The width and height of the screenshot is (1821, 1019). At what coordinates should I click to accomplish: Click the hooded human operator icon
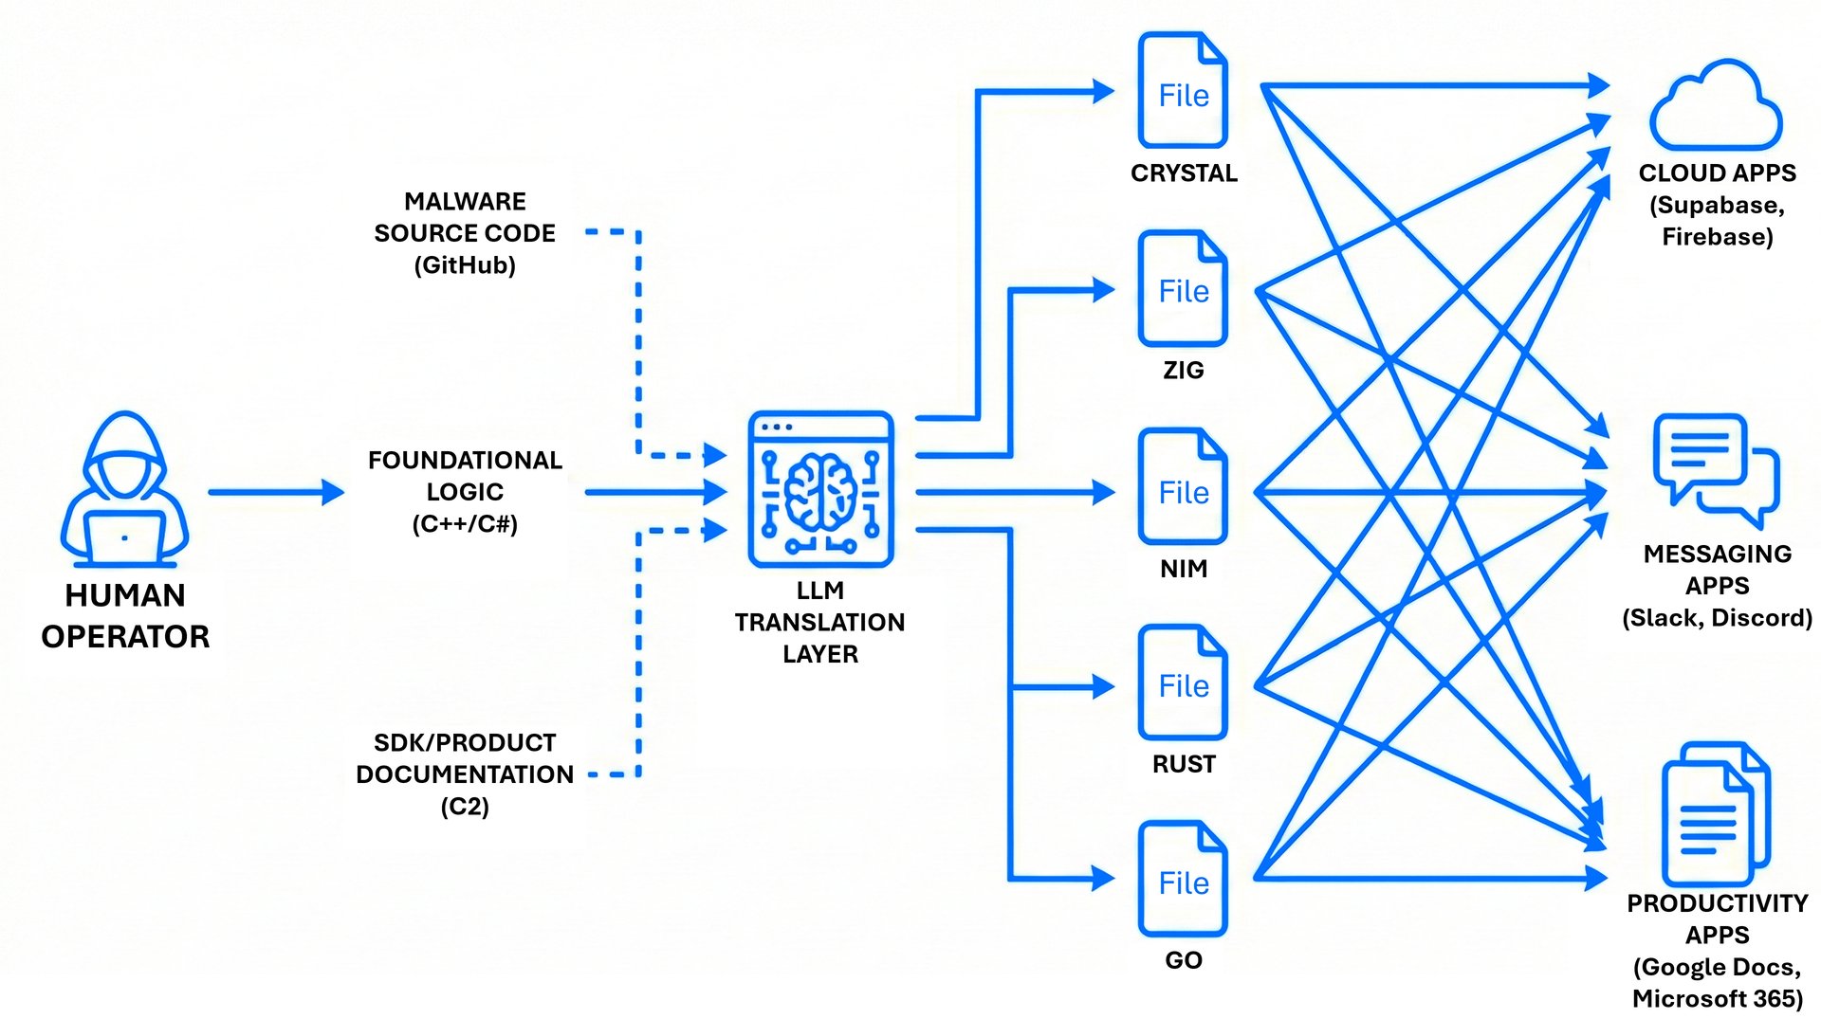click(124, 488)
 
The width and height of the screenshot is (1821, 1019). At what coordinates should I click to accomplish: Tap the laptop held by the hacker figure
click(124, 537)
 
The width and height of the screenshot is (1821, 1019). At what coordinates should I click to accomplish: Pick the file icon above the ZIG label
click(1183, 288)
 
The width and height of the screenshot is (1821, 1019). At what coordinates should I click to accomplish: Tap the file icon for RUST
click(1183, 682)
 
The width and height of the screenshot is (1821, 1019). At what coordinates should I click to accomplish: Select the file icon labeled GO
click(1183, 879)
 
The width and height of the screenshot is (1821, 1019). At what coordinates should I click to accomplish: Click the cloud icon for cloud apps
click(1716, 106)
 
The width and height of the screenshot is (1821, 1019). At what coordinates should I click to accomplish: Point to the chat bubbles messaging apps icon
click(1716, 470)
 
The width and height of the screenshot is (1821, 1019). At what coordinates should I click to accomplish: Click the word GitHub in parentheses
click(465, 265)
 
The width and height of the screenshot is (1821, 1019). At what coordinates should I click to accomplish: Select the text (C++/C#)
click(465, 524)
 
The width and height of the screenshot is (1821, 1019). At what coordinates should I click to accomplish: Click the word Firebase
click(1717, 237)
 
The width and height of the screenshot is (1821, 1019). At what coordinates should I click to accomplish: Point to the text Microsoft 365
click(1717, 999)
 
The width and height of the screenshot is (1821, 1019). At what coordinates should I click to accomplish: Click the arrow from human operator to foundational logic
click(275, 492)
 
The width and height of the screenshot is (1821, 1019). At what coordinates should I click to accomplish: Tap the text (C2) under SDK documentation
click(465, 807)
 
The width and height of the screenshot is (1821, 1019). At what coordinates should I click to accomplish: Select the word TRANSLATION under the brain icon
click(819, 623)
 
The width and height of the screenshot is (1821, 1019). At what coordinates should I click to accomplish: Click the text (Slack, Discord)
click(1717, 618)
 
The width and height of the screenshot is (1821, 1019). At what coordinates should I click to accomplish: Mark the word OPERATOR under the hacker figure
click(125, 637)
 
